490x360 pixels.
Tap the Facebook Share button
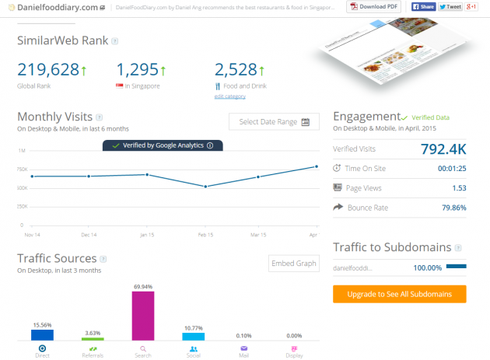click(422, 7)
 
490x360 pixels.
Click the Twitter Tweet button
click(449, 7)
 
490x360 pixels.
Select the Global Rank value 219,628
click(48, 69)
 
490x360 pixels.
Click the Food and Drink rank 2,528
click(236, 69)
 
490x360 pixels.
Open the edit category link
click(230, 96)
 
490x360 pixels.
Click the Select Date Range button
click(274, 122)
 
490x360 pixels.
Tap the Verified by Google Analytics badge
click(163, 145)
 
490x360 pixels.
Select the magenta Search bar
click(143, 316)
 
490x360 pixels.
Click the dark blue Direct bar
click(42, 335)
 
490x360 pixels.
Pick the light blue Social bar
click(193, 336)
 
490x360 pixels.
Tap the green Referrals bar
click(93, 339)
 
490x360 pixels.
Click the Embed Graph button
click(293, 264)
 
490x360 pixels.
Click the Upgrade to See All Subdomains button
click(399, 294)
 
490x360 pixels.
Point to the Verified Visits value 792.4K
click(443, 148)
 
